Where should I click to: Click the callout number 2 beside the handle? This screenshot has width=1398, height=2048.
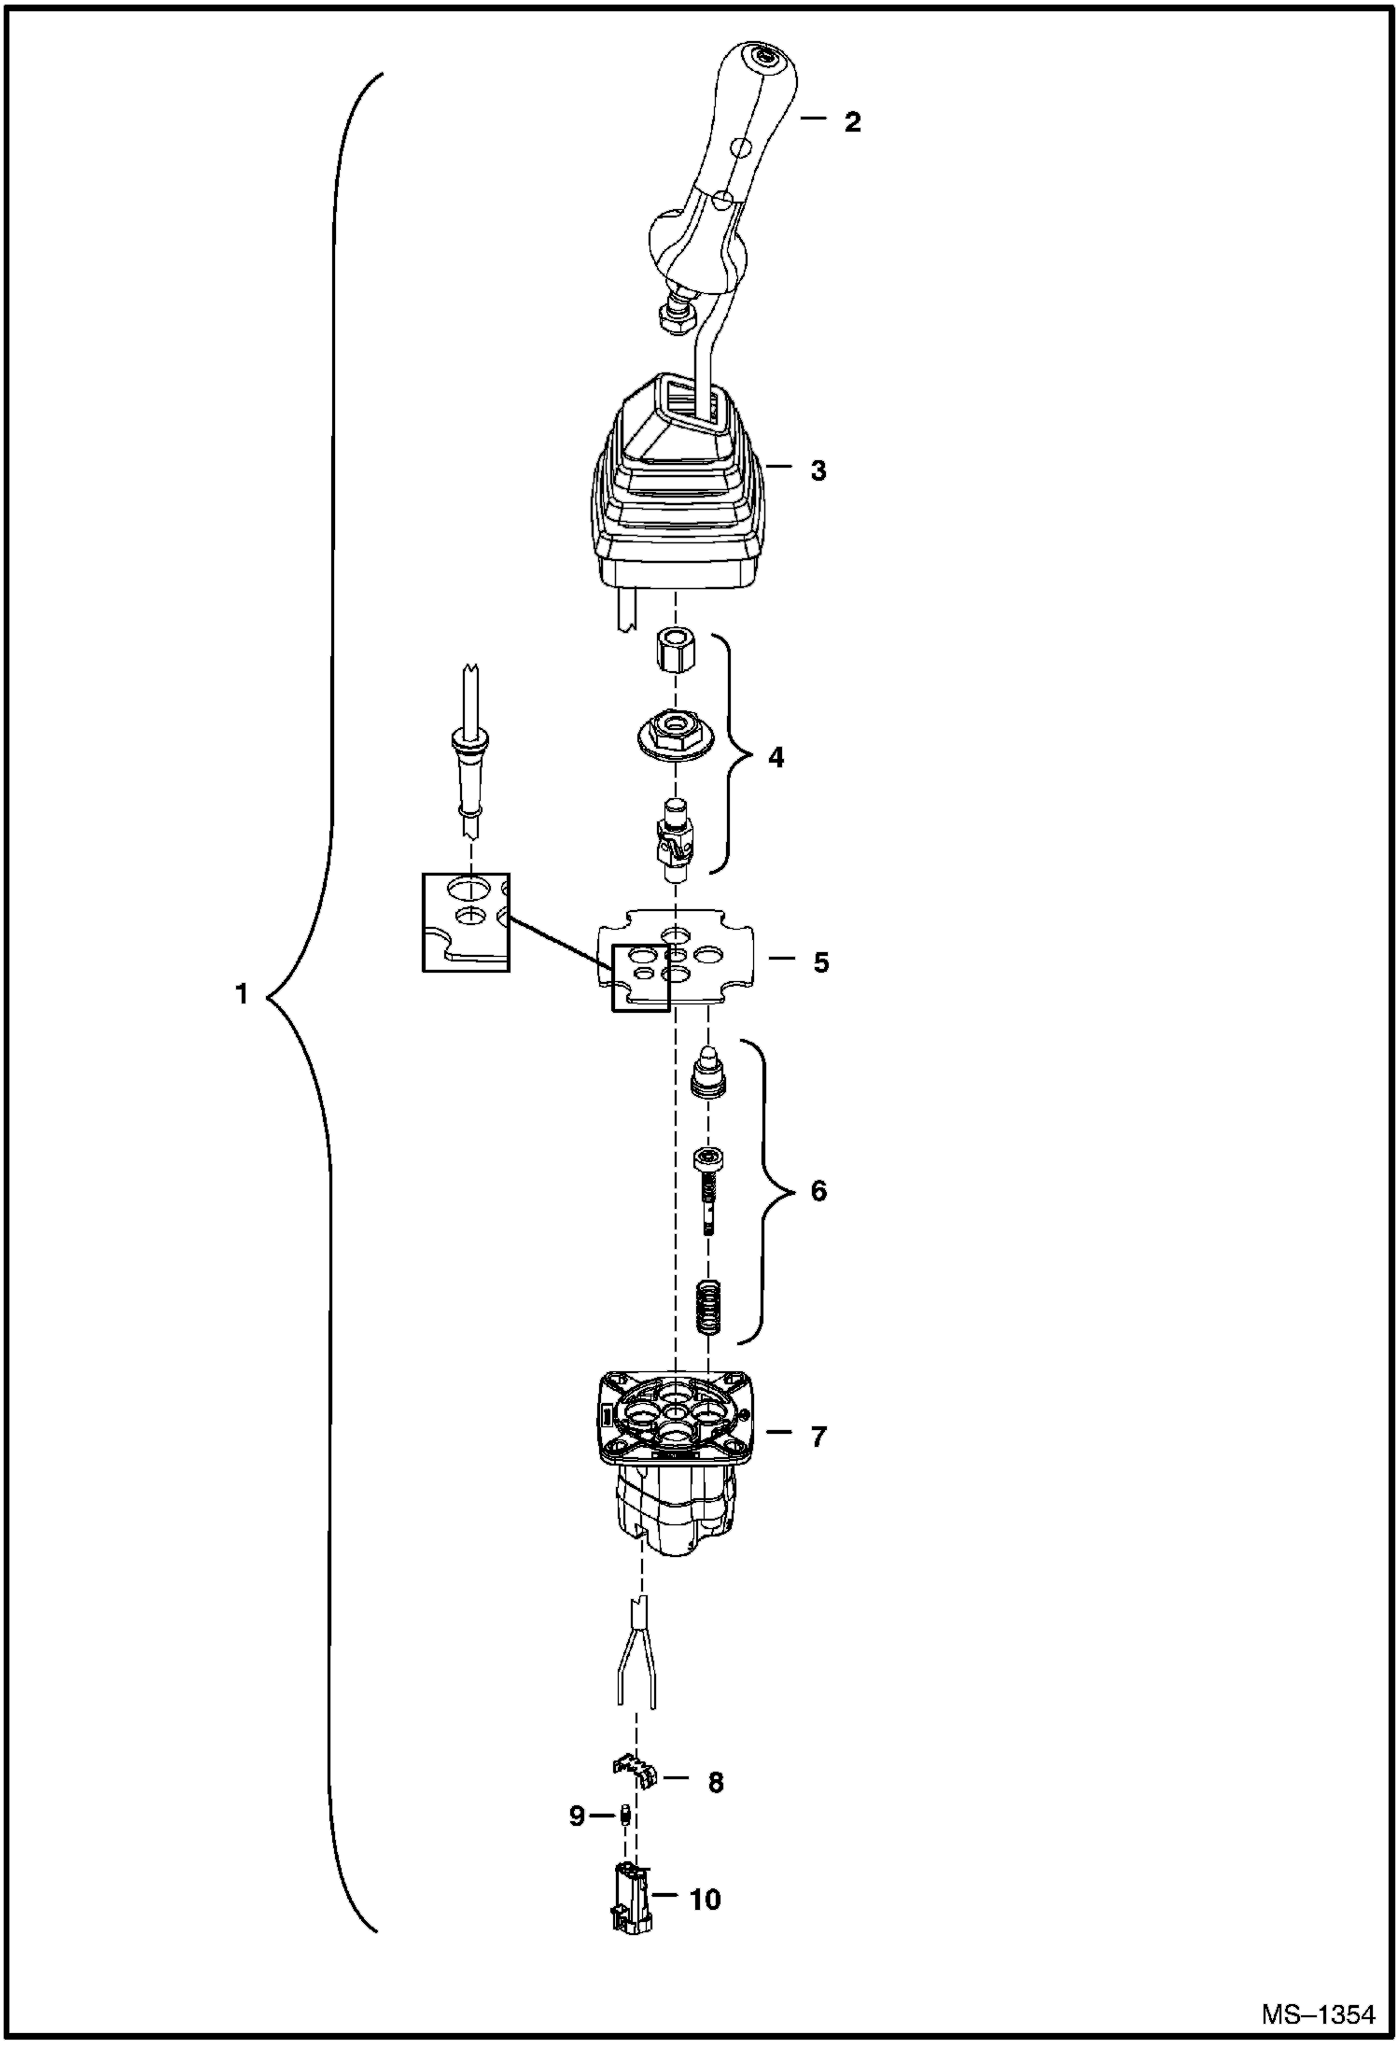coord(851,121)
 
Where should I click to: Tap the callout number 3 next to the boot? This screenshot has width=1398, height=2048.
coord(818,470)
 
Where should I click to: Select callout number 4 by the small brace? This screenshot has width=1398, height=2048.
coord(776,757)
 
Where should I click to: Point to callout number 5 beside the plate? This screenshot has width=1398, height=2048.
coord(820,962)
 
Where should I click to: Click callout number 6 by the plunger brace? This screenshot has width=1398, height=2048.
coord(818,1191)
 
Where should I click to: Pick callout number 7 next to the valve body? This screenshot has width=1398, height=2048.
coord(818,1437)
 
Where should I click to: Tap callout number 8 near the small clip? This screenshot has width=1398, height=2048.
coord(716,1783)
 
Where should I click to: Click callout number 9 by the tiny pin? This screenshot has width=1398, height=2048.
coord(577,1816)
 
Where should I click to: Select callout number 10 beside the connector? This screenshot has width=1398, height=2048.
coord(706,1899)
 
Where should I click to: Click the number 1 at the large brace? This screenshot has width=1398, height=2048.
coord(242,995)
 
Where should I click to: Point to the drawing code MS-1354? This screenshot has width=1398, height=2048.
coord(1318,2015)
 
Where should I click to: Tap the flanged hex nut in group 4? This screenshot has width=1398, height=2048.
coord(673,728)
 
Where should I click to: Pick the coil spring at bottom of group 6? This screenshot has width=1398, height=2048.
coord(711,1310)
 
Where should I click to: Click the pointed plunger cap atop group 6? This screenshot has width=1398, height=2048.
coord(709,1073)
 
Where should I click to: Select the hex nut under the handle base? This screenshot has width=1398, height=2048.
coord(677,320)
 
